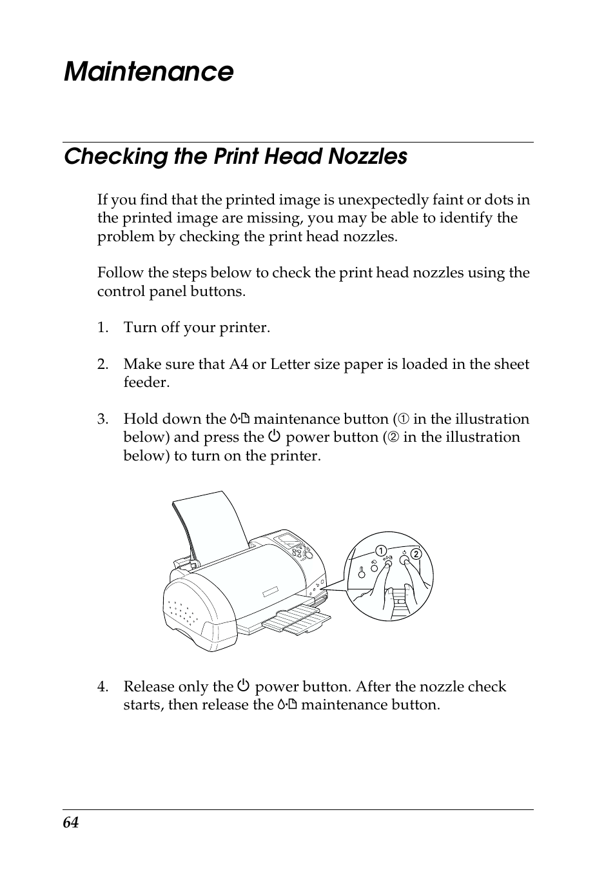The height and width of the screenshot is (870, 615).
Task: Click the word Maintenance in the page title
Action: pyautogui.click(x=148, y=72)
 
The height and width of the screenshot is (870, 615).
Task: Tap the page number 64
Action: pyautogui.click(x=71, y=823)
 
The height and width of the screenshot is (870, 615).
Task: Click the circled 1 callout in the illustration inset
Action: pyautogui.click(x=381, y=551)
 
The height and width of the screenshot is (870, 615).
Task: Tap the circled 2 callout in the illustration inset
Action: pyautogui.click(x=416, y=554)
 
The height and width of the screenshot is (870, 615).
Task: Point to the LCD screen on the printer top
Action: pyautogui.click(x=285, y=539)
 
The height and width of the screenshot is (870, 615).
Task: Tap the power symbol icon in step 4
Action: pyautogui.click(x=243, y=687)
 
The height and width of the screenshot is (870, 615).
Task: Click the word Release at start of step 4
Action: pyautogui.click(x=147, y=687)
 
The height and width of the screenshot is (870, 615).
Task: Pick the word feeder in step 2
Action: pyautogui.click(x=146, y=382)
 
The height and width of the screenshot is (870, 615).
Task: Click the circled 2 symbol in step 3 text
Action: pyautogui.click(x=392, y=438)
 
